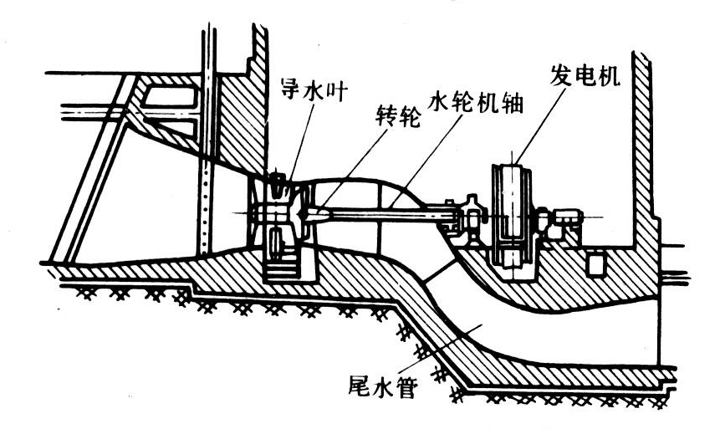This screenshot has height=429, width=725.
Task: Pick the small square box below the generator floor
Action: click(x=595, y=265)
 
